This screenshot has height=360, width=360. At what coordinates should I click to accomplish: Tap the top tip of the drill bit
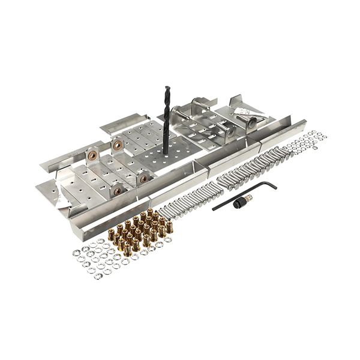click(167, 88)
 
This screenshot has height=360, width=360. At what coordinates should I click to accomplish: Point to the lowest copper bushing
click(117, 190)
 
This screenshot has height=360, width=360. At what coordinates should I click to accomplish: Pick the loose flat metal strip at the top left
click(120, 123)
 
